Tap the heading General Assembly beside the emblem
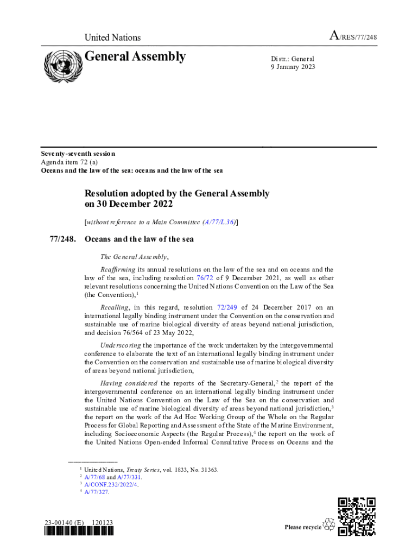136,56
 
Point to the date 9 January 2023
293,67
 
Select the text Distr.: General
293,59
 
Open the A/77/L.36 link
219,222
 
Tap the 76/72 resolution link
205,277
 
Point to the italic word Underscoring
121,345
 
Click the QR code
356,516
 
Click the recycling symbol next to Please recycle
329,525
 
